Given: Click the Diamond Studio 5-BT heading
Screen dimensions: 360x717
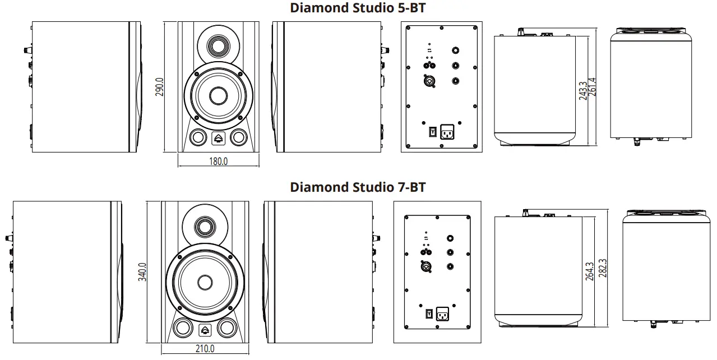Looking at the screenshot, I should (358, 8).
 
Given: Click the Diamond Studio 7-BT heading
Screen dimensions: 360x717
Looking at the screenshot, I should (358, 187).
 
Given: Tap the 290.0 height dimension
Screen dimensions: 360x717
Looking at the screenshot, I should (159, 87).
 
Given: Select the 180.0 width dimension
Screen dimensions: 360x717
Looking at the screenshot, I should (218, 161).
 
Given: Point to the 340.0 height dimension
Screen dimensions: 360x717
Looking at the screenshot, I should (142, 272).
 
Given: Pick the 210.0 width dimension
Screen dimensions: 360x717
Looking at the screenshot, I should (205, 349).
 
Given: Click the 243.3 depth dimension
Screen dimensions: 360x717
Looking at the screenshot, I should (583, 91).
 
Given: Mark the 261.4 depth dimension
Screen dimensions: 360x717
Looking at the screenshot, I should (592, 87).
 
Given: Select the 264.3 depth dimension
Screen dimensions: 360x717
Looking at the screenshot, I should (589, 271).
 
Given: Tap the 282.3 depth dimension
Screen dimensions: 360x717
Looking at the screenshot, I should (603, 268).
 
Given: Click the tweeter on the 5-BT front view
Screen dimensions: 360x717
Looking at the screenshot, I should (218, 45).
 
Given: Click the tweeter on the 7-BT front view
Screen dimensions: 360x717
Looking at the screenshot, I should (205, 227).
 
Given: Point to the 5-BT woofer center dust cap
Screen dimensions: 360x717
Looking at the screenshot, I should (218, 95).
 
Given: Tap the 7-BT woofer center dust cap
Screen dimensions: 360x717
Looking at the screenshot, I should (205, 282).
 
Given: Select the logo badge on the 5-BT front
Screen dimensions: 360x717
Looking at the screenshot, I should (218, 137).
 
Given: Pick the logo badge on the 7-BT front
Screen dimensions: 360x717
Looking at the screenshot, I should (205, 329).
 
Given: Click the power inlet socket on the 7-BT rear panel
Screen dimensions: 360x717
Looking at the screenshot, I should (442, 315).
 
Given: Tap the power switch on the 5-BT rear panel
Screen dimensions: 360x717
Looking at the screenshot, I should (432, 132).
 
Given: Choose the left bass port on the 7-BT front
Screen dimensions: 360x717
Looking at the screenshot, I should (182, 328).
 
